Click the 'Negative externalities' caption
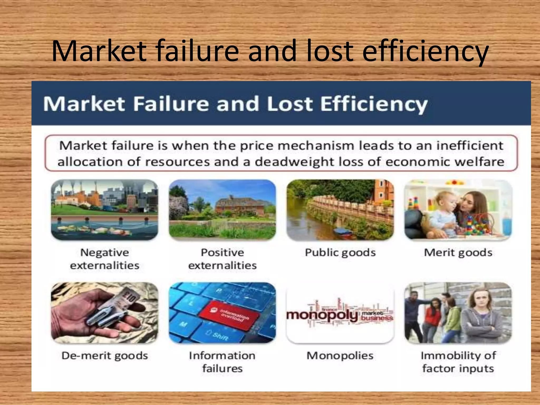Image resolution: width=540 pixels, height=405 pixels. (105, 259)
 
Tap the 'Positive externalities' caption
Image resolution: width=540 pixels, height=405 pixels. (222, 259)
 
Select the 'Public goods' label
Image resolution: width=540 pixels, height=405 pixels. (340, 253)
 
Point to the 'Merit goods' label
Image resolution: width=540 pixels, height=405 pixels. (458, 253)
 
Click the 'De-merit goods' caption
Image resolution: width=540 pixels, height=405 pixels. (105, 356)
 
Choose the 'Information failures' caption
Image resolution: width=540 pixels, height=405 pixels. (222, 362)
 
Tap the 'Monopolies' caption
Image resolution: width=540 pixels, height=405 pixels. (340, 356)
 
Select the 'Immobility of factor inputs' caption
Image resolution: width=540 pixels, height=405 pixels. (458, 362)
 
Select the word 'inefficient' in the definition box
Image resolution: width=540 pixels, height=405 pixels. (469, 146)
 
